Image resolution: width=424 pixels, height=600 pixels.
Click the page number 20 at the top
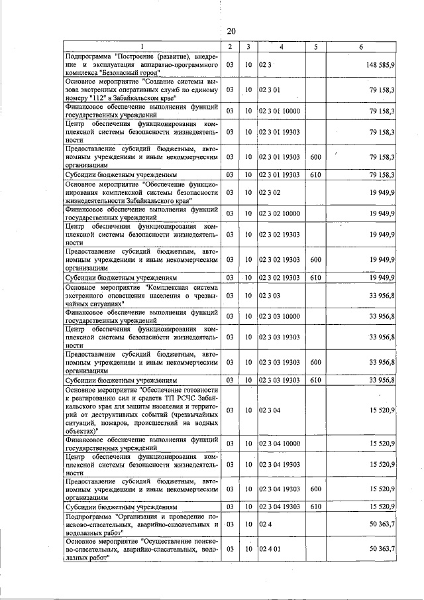click(231, 31)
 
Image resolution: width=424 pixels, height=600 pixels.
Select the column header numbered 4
click(281, 46)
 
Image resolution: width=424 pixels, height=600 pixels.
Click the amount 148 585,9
click(379, 66)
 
